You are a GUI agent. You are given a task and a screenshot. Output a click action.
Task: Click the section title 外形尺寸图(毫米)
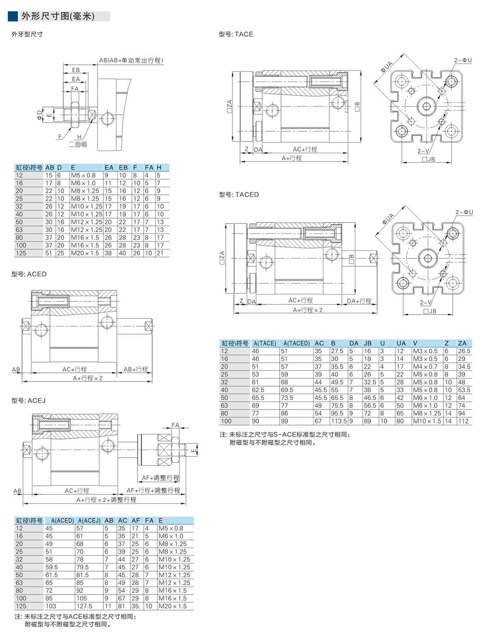click(x=58, y=16)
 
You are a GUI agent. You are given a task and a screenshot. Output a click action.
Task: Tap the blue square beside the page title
click(x=13, y=16)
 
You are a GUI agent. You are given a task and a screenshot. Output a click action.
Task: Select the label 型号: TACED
click(x=239, y=195)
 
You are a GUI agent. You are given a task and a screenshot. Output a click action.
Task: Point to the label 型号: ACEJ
click(x=29, y=401)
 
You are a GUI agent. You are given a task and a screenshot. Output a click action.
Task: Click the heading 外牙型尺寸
click(x=27, y=34)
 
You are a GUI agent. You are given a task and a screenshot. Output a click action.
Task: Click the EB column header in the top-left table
click(x=123, y=167)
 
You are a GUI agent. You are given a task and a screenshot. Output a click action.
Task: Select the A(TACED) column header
click(x=296, y=343)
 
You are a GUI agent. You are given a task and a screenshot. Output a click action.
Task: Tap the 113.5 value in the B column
click(x=339, y=421)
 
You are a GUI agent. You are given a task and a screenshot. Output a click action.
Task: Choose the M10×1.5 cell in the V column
click(x=427, y=421)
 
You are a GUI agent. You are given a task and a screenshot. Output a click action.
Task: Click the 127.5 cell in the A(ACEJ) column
click(x=84, y=606)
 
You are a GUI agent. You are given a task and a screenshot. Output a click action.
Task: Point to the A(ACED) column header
click(x=62, y=520)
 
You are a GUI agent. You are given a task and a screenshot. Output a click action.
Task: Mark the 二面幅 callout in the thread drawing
click(x=78, y=144)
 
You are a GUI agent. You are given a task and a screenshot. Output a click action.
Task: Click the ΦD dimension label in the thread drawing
click(x=39, y=114)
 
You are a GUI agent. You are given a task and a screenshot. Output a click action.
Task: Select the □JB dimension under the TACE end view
click(x=428, y=159)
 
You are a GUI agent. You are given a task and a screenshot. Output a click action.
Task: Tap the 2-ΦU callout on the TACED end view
click(x=464, y=212)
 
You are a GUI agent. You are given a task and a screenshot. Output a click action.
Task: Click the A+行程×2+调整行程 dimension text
click(x=106, y=500)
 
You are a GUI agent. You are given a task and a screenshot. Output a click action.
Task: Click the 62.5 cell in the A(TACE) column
click(x=258, y=390)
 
